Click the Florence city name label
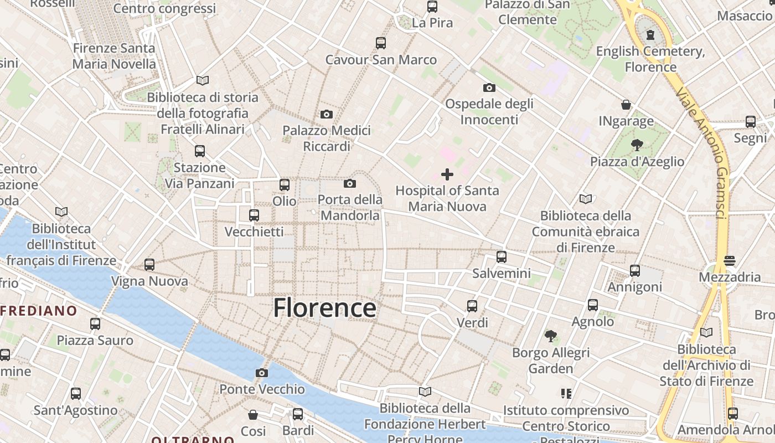[324, 308]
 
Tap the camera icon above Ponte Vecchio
[262, 373]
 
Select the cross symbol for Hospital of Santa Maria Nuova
[447, 174]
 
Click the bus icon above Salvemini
[502, 257]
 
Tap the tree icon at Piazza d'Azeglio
[637, 145]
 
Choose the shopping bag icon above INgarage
[626, 105]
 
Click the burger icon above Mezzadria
[730, 261]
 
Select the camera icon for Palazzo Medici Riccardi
[327, 114]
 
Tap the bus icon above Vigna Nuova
[149, 265]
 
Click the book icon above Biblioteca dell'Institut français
[61, 212]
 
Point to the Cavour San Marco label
[381, 59]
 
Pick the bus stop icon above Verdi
[472, 306]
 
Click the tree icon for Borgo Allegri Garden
[550, 336]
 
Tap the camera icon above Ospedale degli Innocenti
[489, 87]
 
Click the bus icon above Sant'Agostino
[76, 394]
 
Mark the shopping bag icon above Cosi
[253, 415]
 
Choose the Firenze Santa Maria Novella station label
[114, 56]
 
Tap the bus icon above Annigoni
[635, 271]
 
